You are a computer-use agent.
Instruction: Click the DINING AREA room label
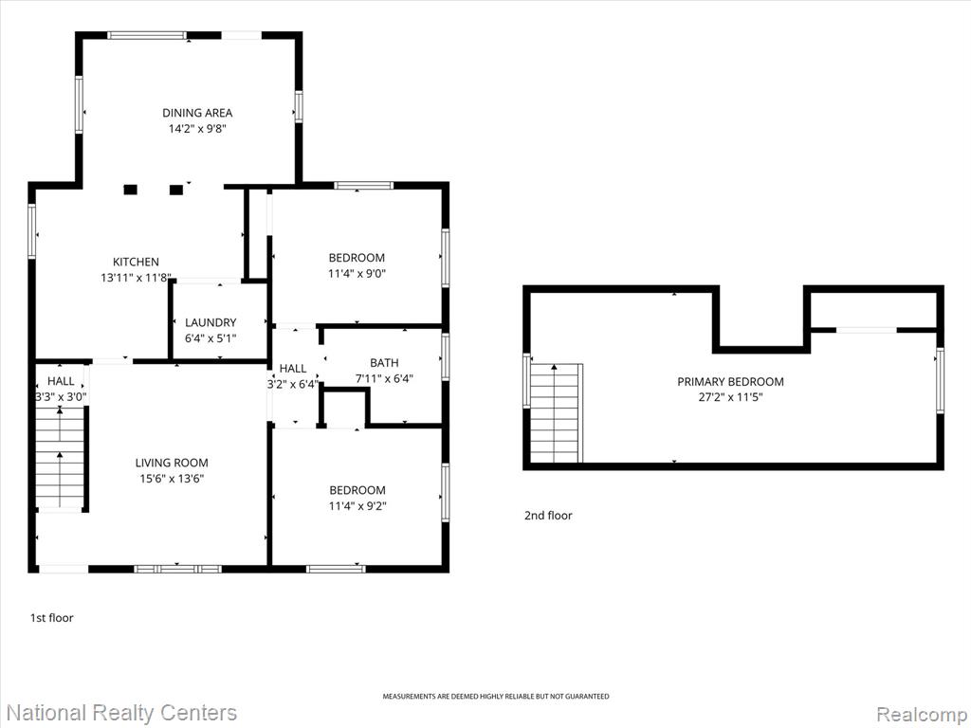pos(197,113)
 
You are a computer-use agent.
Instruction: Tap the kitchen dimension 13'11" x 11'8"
pos(136,278)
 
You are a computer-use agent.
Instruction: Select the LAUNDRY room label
pos(211,322)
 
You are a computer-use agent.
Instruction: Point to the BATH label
pos(384,363)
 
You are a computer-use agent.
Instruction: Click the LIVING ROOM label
pos(172,463)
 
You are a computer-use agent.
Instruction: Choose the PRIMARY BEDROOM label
pos(730,381)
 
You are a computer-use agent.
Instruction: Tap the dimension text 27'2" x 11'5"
pos(730,397)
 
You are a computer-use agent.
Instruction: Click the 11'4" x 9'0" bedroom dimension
pos(357,274)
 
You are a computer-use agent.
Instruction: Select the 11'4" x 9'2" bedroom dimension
pos(357,506)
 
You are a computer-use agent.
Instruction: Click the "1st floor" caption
pos(52,618)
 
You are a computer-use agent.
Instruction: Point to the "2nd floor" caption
pos(548,515)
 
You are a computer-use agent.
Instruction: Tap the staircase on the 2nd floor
pos(556,413)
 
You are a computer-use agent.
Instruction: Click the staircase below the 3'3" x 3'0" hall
pos(60,458)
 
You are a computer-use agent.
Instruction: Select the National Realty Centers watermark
pos(121,713)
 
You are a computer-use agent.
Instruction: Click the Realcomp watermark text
pos(920,715)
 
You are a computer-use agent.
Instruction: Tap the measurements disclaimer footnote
pos(495,697)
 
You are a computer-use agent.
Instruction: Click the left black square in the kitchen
pos(130,190)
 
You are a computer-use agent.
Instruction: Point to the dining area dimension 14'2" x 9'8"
pos(197,129)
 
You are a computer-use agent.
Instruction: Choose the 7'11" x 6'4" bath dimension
pos(384,378)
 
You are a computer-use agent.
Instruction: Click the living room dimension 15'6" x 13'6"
pos(172,479)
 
